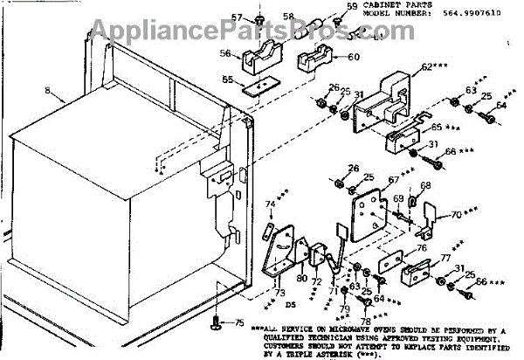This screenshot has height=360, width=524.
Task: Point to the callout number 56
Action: pos(225,53)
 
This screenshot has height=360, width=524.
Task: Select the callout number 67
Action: pos(393,181)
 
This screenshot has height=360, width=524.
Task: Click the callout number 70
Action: pos(457,214)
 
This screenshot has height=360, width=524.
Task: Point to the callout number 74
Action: pos(271,204)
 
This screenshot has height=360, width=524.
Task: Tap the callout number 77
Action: pos(445,260)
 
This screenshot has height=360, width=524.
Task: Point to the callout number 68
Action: pos(426,186)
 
